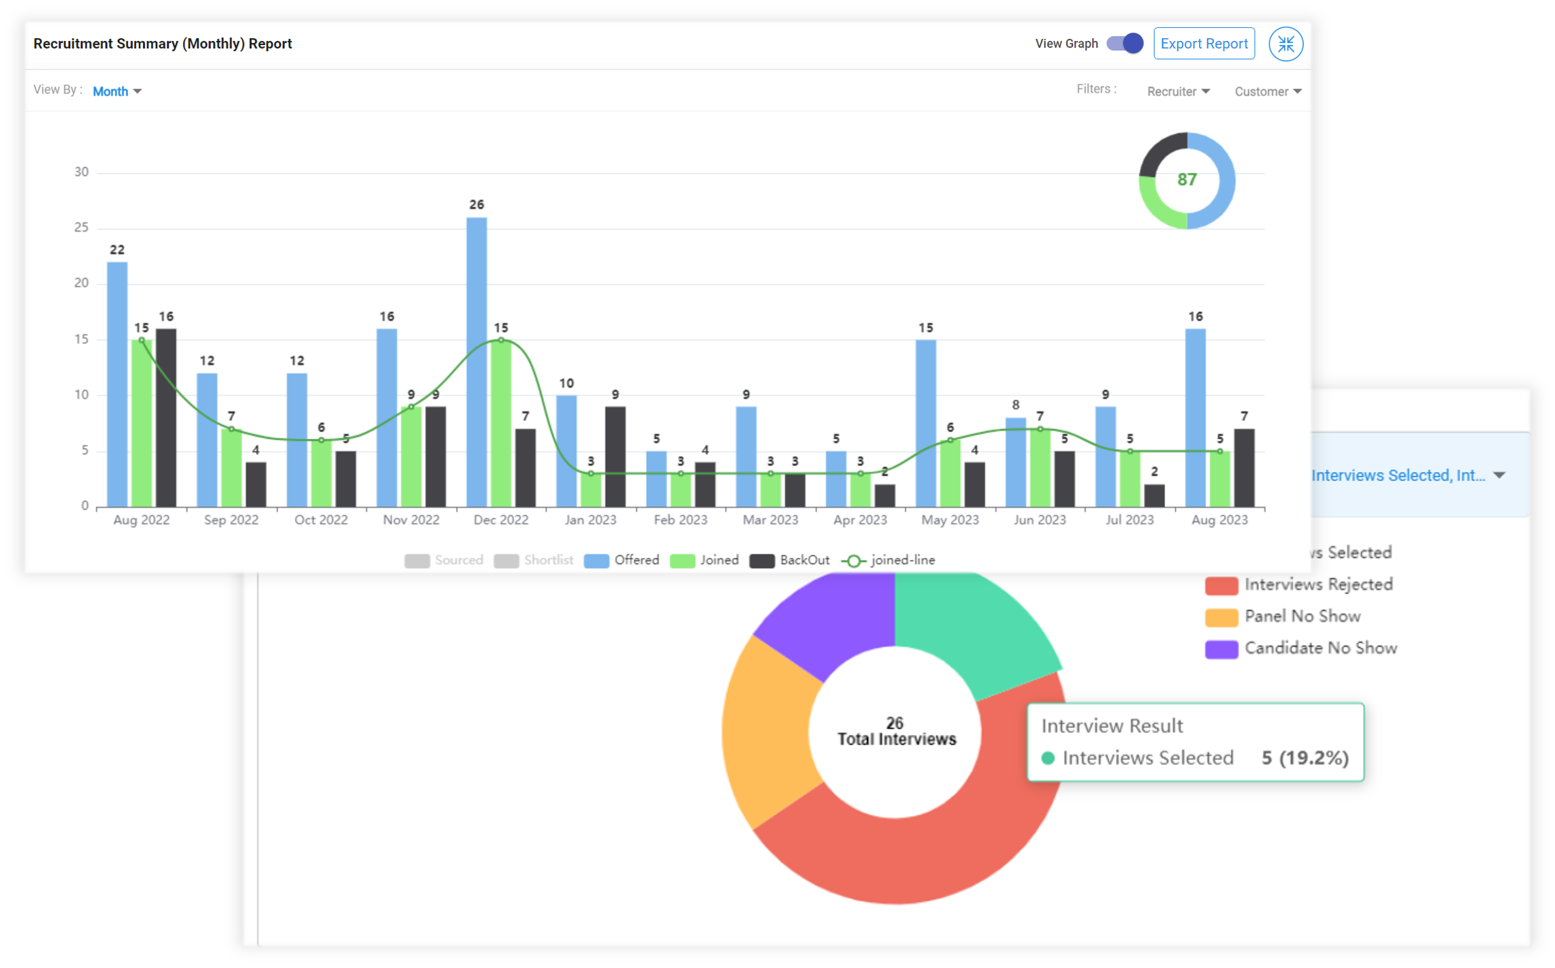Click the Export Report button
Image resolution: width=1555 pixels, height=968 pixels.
tap(1203, 44)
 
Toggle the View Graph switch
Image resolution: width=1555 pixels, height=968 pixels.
tap(1124, 44)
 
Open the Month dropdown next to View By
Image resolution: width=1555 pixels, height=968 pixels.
tap(116, 91)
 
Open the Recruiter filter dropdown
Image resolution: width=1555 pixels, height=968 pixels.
tap(1177, 91)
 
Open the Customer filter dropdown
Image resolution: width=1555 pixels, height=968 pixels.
tap(1267, 91)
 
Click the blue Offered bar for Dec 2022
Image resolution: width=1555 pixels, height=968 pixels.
tap(477, 361)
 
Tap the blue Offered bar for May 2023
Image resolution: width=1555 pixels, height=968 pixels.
tap(925, 422)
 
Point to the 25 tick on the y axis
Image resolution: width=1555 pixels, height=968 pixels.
tap(82, 228)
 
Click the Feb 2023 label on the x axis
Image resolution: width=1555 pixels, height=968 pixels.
tap(680, 520)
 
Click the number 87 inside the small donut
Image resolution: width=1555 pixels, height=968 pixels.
tap(1187, 180)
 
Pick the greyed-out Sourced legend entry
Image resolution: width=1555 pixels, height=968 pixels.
tap(444, 560)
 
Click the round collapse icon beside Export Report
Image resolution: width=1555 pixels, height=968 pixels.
tap(1285, 44)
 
